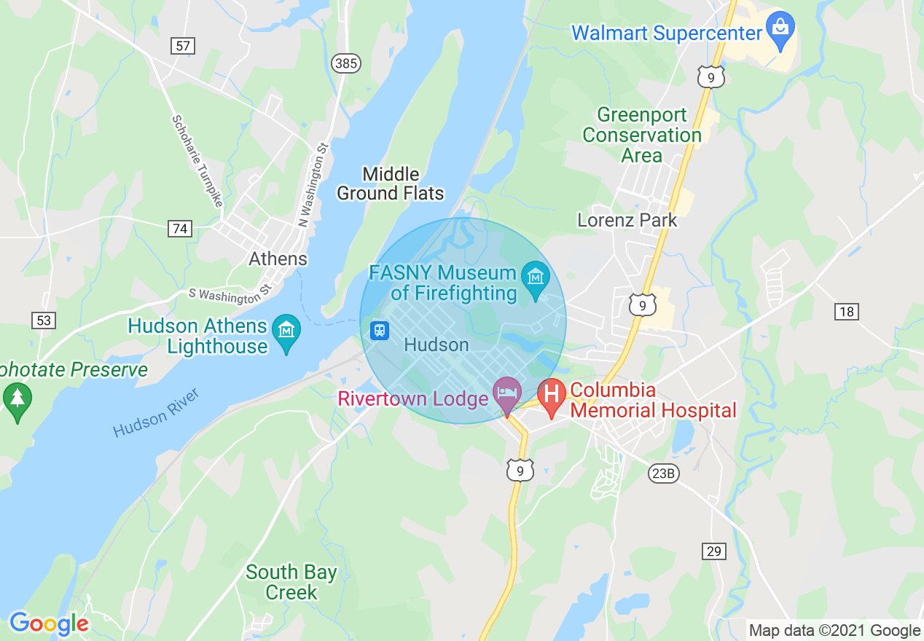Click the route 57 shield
pyautogui.click(x=183, y=47)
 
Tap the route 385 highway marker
pyautogui.click(x=345, y=63)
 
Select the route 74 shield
pyautogui.click(x=179, y=229)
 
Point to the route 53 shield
pyautogui.click(x=43, y=320)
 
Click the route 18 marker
pyautogui.click(x=846, y=312)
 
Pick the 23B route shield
pyautogui.click(x=663, y=474)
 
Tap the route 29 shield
pyautogui.click(x=714, y=551)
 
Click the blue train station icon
pyautogui.click(x=379, y=330)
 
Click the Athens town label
pyautogui.click(x=278, y=259)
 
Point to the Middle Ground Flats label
pyautogui.click(x=391, y=184)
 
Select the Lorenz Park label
pyautogui.click(x=627, y=220)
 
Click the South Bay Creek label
pyautogui.click(x=291, y=582)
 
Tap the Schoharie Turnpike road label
pyautogui.click(x=197, y=160)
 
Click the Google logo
pyautogui.click(x=49, y=624)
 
